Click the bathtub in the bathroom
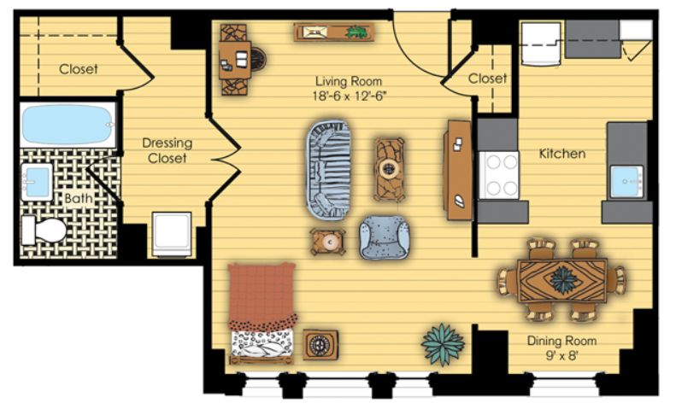coord(68,125)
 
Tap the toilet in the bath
coord(44,230)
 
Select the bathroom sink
coord(37,182)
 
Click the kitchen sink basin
coord(627,182)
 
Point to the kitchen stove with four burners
coord(499,175)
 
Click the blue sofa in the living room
coord(328,170)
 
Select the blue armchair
coord(384,237)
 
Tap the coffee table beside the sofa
coord(390,169)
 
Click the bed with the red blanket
coord(262,313)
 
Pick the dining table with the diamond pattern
coord(562,280)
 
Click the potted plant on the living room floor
coord(443,344)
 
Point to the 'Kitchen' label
coord(562,154)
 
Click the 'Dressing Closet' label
coord(168,150)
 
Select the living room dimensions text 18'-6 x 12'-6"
coord(349,96)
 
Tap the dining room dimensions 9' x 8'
coord(561,355)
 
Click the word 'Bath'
coord(79,198)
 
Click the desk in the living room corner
coord(235,60)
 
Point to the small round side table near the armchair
coord(328,242)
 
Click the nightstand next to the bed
coord(320,345)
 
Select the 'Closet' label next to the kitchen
coord(488,79)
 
